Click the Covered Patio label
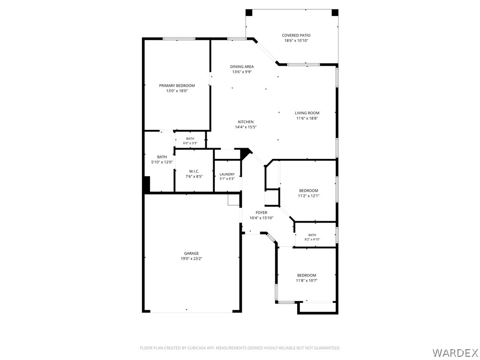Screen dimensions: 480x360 pyautogui.click(x=296, y=35)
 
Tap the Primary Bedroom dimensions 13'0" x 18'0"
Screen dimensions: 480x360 pyautogui.click(x=177, y=91)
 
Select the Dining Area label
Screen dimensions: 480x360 pyautogui.click(x=242, y=67)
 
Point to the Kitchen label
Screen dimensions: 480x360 pyautogui.click(x=246, y=122)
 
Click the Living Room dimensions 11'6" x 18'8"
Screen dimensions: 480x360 pyautogui.click(x=307, y=118)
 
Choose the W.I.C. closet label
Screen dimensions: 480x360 pyautogui.click(x=194, y=172)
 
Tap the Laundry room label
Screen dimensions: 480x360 pyautogui.click(x=227, y=174)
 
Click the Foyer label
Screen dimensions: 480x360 pyautogui.click(x=262, y=212)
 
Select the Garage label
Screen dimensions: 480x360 pyautogui.click(x=191, y=253)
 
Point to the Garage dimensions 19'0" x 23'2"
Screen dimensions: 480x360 pyautogui.click(x=191, y=259)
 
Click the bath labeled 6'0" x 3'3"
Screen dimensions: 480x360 pyautogui.click(x=190, y=141)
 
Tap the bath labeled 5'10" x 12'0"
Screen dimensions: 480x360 pyautogui.click(x=162, y=159)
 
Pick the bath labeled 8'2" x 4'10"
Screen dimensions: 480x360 pyautogui.click(x=312, y=237)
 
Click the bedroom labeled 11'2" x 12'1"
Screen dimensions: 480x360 pyautogui.click(x=308, y=193)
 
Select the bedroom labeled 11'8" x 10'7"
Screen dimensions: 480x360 pyautogui.click(x=307, y=277)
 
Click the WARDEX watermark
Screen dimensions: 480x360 pyautogui.click(x=455, y=352)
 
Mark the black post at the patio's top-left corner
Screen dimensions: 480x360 pyautogui.click(x=249, y=13)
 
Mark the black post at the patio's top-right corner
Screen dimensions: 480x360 pyautogui.click(x=335, y=13)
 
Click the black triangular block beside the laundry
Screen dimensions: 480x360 pyautogui.click(x=245, y=153)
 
